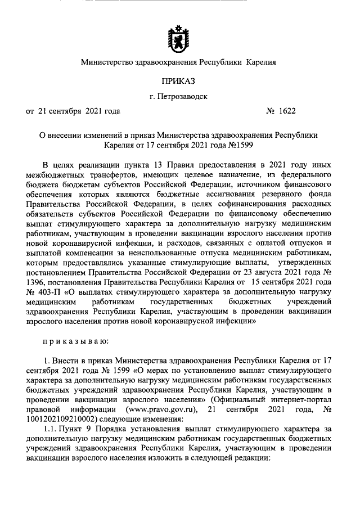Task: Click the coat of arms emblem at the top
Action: click(178, 35)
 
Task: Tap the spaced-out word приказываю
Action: click(76, 340)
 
